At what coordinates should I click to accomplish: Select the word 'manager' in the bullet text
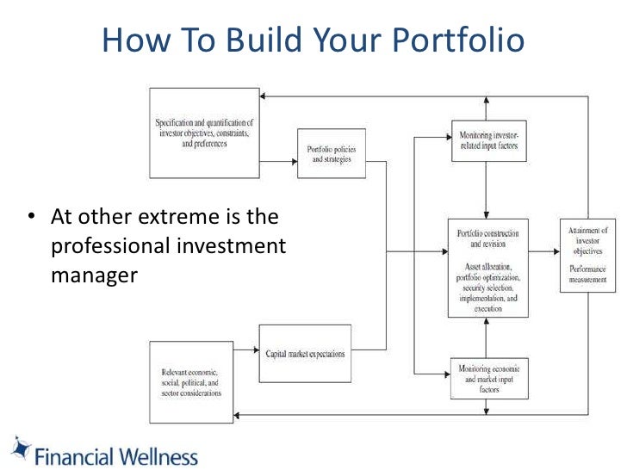(x=94, y=276)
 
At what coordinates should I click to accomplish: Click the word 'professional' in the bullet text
(x=112, y=246)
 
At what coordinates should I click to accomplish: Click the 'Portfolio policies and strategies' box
(x=332, y=154)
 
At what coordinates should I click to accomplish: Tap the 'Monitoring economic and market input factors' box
(x=488, y=378)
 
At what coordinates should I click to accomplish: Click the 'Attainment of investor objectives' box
(x=587, y=255)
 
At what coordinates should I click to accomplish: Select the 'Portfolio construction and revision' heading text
(x=487, y=238)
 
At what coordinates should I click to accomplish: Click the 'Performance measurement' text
(x=587, y=274)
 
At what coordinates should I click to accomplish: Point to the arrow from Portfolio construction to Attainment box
(x=543, y=252)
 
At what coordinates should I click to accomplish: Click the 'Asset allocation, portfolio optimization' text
(x=487, y=273)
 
